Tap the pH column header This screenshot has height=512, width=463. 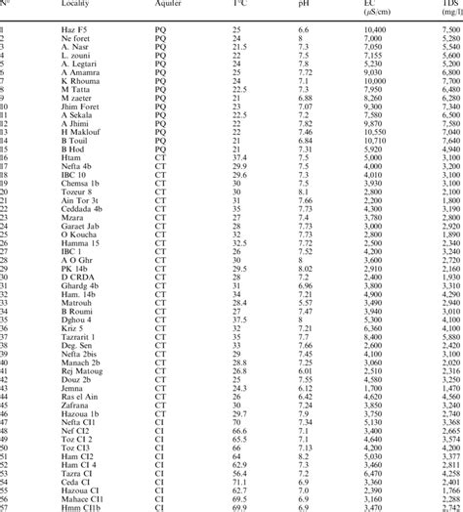click(304, 4)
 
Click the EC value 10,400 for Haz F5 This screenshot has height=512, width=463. click(375, 31)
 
